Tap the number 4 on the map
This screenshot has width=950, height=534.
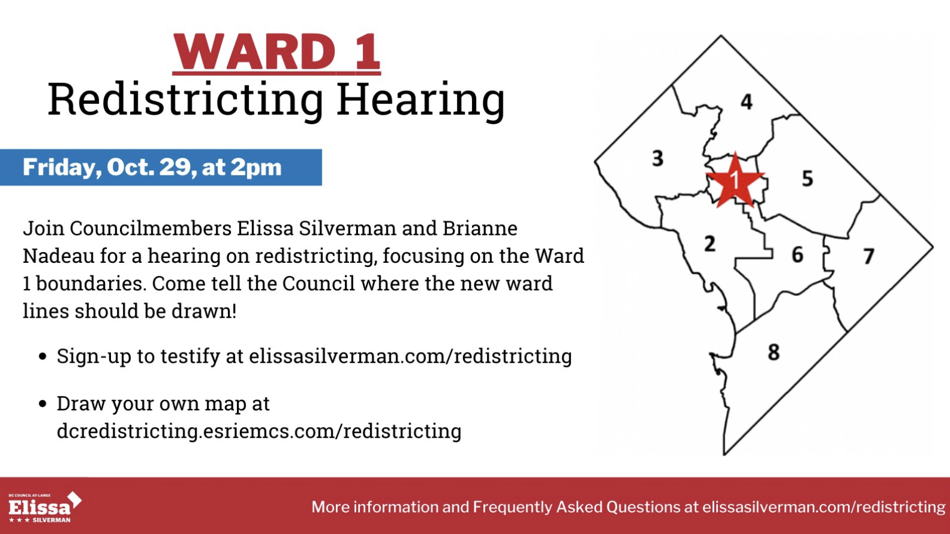[747, 102]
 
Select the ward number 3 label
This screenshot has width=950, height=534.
[658, 158]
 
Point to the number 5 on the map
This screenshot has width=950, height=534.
[807, 178]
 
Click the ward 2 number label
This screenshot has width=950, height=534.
[710, 244]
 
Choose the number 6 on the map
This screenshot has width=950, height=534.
[798, 254]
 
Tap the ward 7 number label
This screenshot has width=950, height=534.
[869, 256]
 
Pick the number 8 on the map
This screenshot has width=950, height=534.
[773, 352]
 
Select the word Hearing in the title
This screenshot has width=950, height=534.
[420, 100]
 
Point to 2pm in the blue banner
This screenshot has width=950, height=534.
[256, 168]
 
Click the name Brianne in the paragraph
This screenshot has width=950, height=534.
[480, 228]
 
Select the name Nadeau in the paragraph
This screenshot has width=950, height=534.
[58, 256]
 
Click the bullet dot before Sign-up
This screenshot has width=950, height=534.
[42, 356]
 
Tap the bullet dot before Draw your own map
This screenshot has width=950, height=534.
[42, 404]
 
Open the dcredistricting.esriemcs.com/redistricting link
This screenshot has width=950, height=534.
[259, 431]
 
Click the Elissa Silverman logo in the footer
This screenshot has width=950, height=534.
[45, 507]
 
